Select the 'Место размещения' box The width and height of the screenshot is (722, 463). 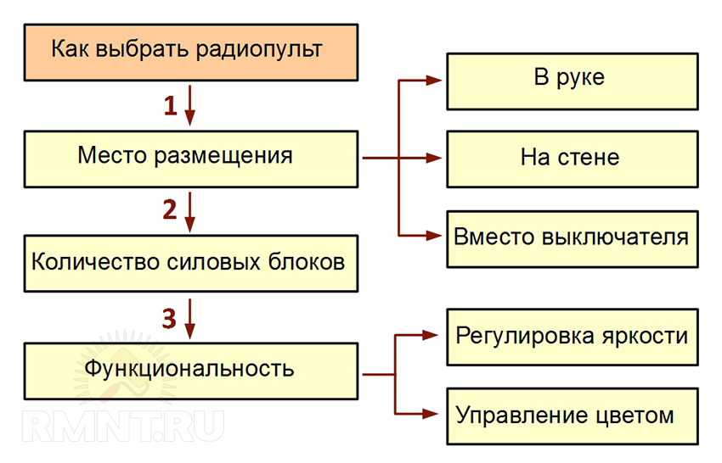point(188,158)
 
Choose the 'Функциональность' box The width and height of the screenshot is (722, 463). point(188,371)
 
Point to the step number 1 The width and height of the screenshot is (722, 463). point(170,105)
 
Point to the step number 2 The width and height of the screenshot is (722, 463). point(170,209)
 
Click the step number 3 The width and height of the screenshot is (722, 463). point(170,317)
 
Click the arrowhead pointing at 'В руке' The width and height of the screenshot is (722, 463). point(435,80)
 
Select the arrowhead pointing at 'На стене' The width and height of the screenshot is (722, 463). point(435,158)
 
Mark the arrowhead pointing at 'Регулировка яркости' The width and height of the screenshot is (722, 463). point(435,337)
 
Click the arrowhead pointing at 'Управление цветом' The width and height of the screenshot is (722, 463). point(435,415)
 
